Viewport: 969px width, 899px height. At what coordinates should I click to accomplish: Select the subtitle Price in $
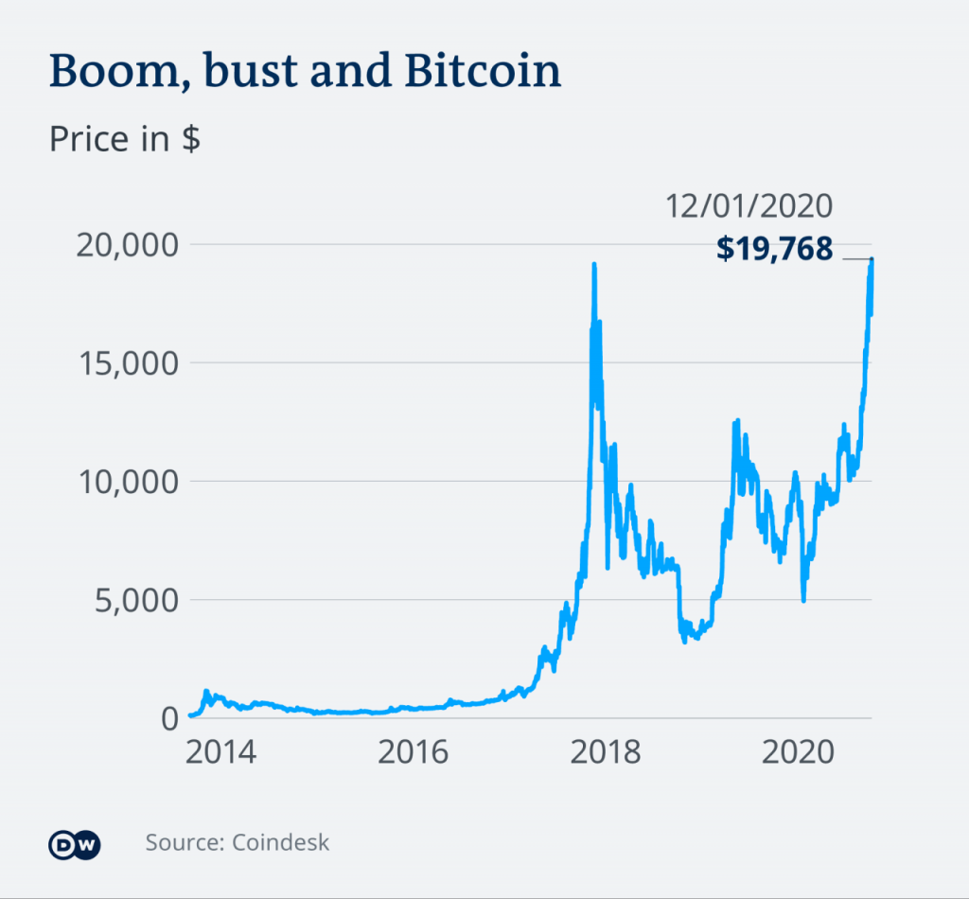click(x=124, y=139)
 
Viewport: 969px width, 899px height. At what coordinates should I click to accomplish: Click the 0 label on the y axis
click(x=168, y=717)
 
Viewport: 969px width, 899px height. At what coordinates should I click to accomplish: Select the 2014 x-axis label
click(x=220, y=753)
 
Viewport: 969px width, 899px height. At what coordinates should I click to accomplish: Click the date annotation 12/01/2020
click(x=748, y=206)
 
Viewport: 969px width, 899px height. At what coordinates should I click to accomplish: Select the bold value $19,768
click(x=774, y=248)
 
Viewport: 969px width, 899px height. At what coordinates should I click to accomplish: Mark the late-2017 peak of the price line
click(x=593, y=265)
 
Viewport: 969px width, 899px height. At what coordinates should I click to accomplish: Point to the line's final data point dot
click(x=872, y=259)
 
